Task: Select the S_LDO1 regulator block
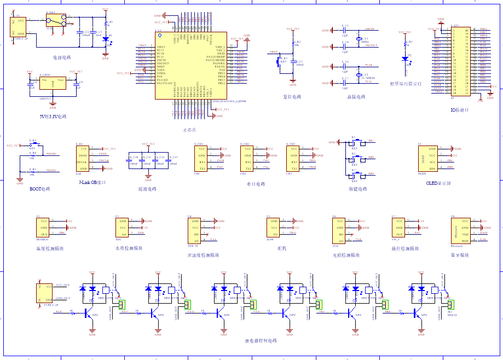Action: [53, 83]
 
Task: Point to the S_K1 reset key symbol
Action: [278, 60]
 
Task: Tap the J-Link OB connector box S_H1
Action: [83, 159]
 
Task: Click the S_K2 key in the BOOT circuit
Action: [32, 145]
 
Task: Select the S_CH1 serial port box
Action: [201, 159]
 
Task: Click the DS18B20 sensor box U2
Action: [43, 228]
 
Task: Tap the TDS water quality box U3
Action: [121, 228]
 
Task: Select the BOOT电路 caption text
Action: [39, 189]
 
